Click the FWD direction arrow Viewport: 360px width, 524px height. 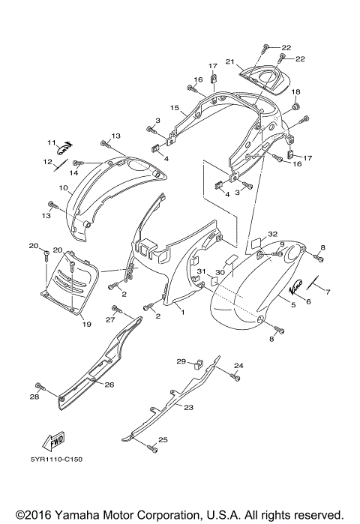(53, 442)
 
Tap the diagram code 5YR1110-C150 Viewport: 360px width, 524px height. (57, 460)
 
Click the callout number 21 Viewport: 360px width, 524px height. (230, 61)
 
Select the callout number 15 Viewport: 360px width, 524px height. (175, 108)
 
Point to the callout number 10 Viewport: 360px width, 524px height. (64, 188)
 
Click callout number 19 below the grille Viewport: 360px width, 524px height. (86, 324)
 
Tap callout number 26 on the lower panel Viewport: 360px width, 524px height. (109, 385)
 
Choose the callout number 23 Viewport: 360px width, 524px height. (189, 407)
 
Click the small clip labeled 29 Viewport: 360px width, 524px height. (199, 363)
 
